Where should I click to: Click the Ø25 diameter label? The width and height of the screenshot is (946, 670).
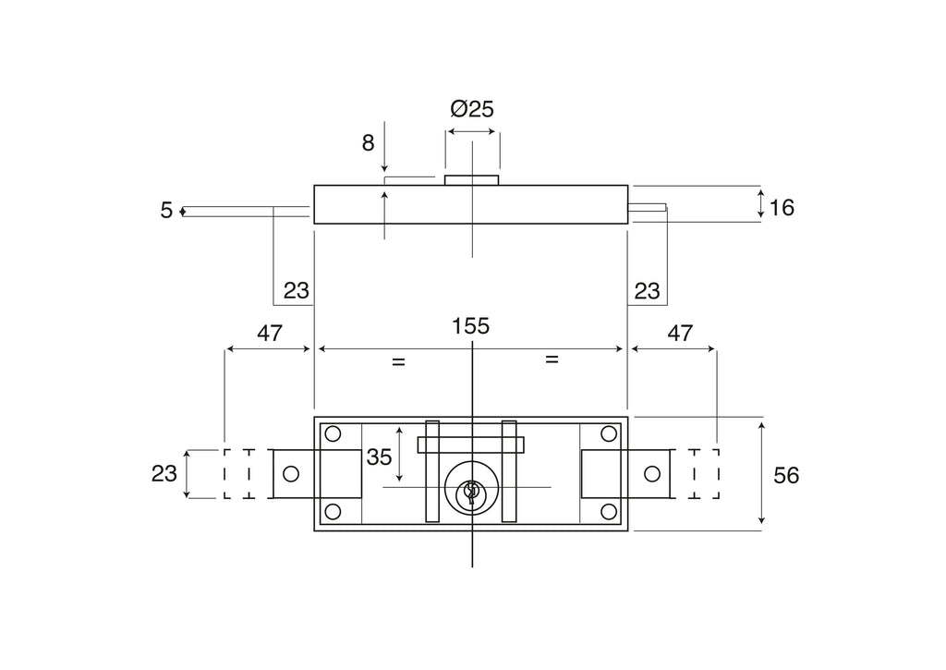(x=472, y=109)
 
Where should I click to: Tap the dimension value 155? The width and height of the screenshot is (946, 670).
(x=470, y=326)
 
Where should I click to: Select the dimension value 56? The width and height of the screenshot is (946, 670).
(x=786, y=476)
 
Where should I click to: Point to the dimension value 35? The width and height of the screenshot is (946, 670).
(x=379, y=457)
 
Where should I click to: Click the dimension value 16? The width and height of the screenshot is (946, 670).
(x=782, y=208)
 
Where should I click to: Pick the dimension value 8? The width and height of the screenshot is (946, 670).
(x=368, y=143)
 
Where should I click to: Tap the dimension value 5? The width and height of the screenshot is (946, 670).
(x=166, y=211)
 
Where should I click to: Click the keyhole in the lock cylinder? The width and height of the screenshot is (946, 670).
(x=471, y=493)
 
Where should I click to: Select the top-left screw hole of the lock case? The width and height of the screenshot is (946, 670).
(x=333, y=434)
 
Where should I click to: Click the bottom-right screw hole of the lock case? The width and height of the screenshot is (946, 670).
(x=609, y=512)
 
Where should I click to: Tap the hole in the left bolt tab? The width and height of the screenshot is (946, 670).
(x=291, y=474)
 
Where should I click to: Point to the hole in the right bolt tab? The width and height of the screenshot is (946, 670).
(x=652, y=474)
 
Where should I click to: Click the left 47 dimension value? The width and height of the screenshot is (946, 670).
(x=270, y=334)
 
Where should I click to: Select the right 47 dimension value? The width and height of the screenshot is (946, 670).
(x=680, y=334)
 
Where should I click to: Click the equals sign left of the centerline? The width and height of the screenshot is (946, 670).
(x=398, y=361)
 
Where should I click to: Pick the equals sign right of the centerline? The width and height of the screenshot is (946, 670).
(x=552, y=359)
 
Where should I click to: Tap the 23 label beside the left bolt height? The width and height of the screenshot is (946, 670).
(x=164, y=474)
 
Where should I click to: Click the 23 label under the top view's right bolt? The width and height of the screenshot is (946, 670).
(x=647, y=291)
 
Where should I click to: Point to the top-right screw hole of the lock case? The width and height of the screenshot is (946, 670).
(x=609, y=434)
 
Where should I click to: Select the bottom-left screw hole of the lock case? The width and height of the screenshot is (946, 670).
(x=333, y=512)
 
